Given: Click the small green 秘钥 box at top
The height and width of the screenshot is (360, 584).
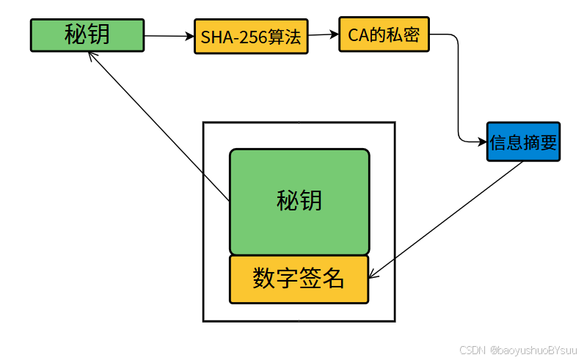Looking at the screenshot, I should click(x=87, y=35).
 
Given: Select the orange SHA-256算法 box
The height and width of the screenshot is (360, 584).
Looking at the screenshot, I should click(x=251, y=37).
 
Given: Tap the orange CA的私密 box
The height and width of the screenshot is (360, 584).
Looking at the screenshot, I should click(x=384, y=34).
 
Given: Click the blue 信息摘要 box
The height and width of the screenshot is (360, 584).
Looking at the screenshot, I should click(x=523, y=142).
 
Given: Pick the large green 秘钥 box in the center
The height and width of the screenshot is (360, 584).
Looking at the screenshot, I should click(x=299, y=201).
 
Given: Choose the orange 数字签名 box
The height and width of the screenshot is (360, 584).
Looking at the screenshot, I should click(x=299, y=279).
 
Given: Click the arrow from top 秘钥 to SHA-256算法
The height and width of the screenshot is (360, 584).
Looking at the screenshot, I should click(x=169, y=35).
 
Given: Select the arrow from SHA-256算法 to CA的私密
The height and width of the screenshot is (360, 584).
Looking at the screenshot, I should click(x=324, y=34).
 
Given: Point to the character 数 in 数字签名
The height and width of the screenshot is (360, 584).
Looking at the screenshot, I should click(x=264, y=279).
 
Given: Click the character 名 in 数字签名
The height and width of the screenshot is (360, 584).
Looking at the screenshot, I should click(x=333, y=279).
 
